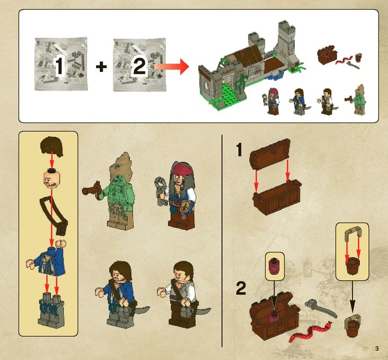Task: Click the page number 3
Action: coord(377,349)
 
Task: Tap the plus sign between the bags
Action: coord(102,67)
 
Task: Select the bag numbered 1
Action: coord(61,64)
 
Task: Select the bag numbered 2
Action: coord(139,65)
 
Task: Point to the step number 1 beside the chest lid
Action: coord(239,150)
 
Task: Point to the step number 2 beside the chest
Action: coord(241,288)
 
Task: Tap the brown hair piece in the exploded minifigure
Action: coord(52,146)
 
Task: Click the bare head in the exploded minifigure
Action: coord(52,178)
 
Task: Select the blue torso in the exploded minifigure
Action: coord(48,259)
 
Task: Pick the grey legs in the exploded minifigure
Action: coord(51,308)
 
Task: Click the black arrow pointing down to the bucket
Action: coord(353,297)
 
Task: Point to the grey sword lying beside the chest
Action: coord(321,308)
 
